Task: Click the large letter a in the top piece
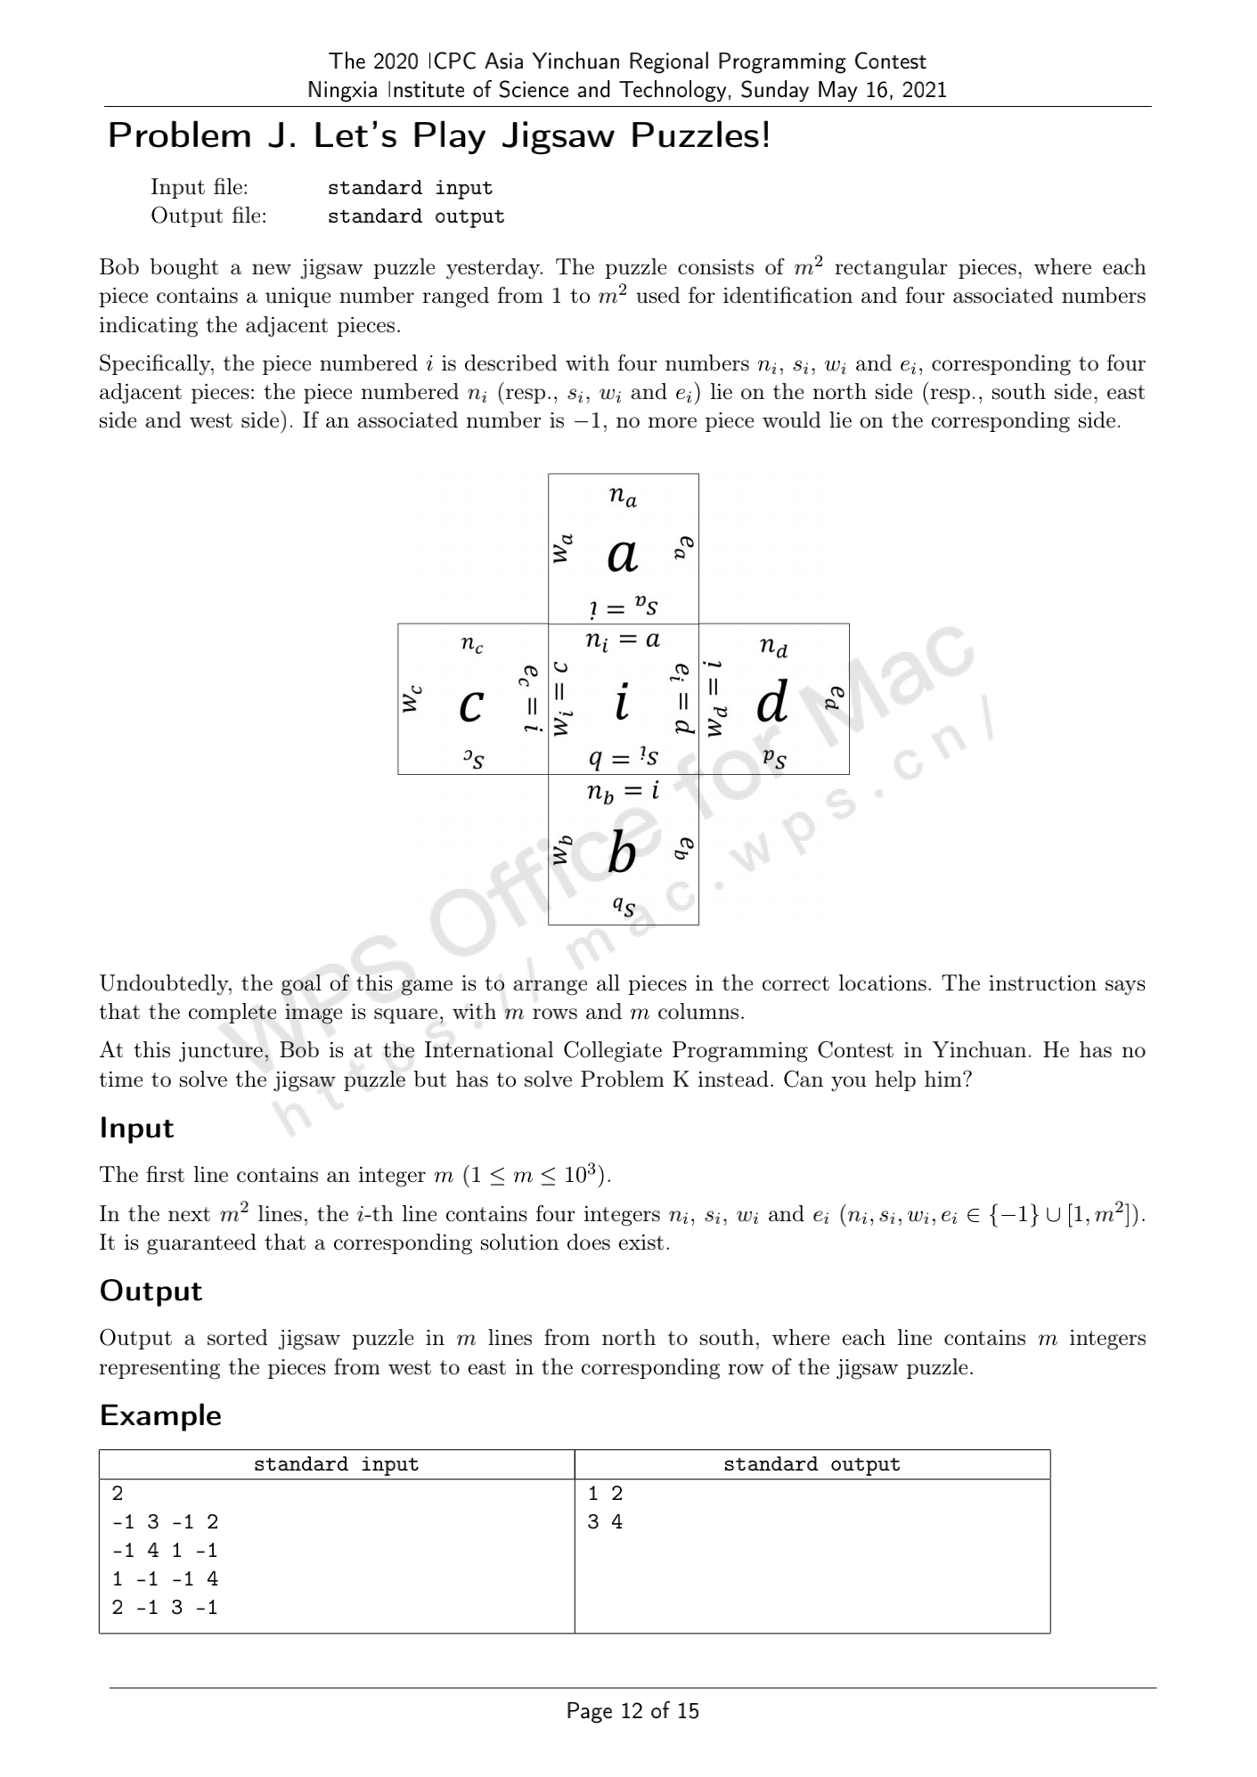623,556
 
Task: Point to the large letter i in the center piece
622,702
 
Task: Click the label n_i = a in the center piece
623,640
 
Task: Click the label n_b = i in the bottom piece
623,791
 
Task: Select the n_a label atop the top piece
623,496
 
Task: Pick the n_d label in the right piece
773,647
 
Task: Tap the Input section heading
136,1128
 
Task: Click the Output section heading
151,1291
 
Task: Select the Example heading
160,1415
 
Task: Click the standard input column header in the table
336,1464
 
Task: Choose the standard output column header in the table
812,1464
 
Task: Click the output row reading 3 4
605,1522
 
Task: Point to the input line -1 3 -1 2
165,1522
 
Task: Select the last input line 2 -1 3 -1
165,1608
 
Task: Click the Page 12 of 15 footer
633,1710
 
